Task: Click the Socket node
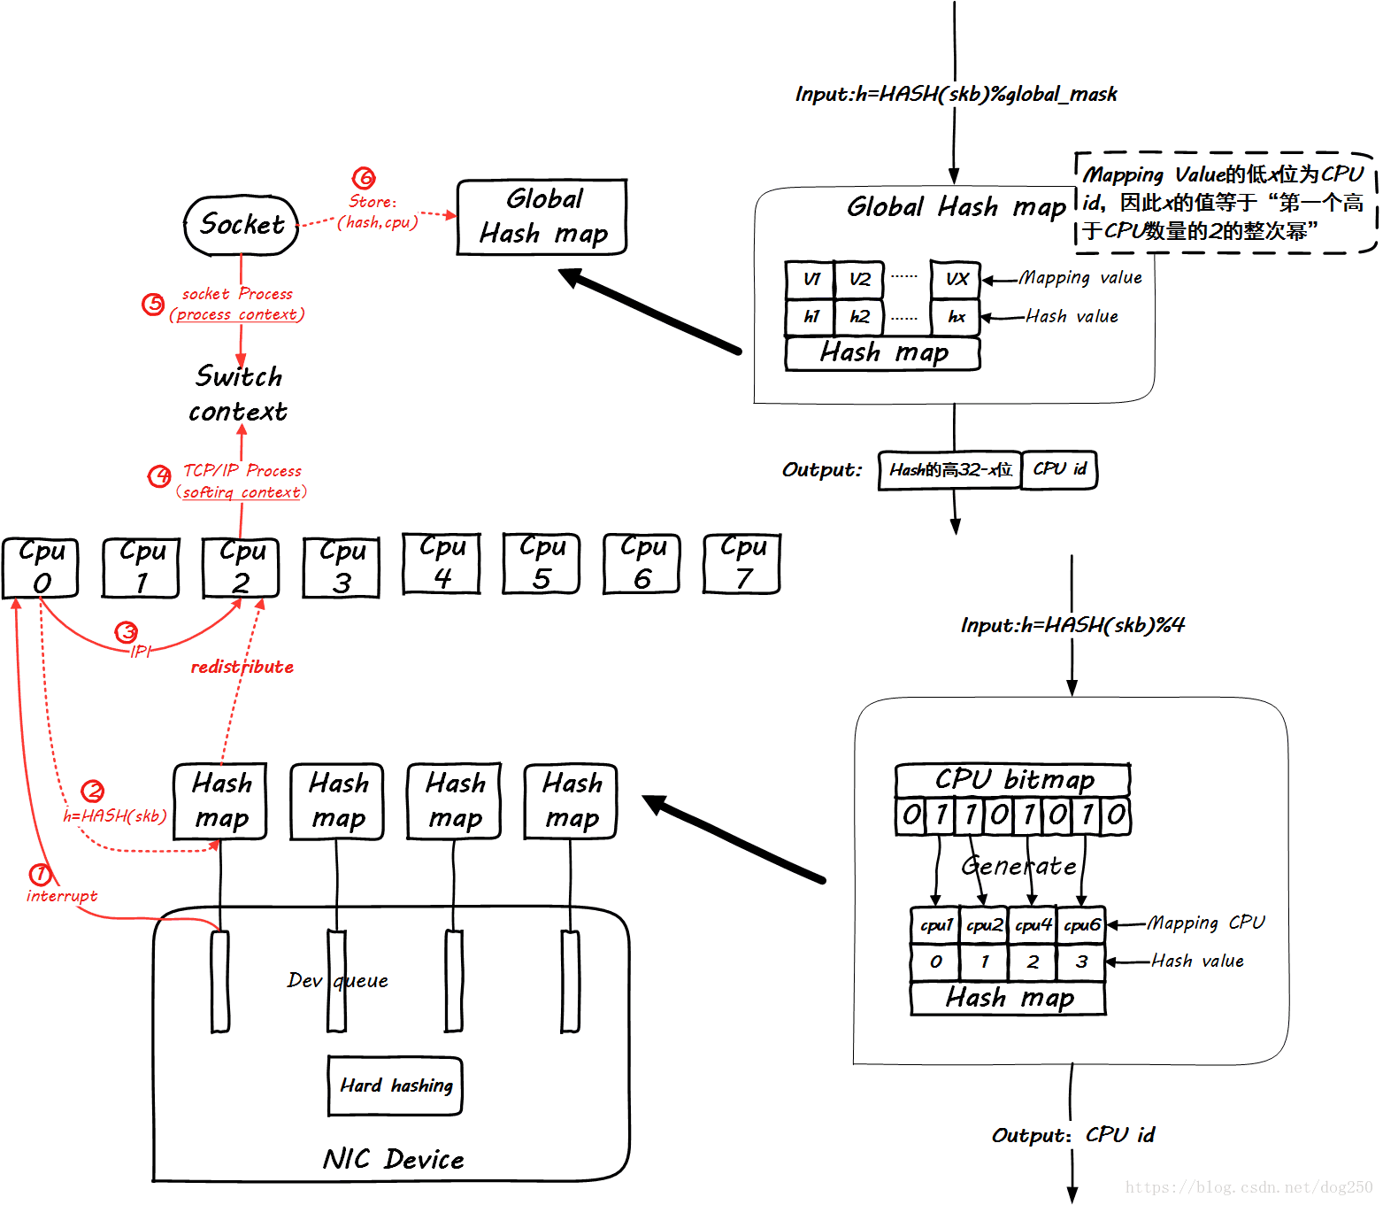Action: [x=241, y=225]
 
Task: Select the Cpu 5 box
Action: [x=542, y=563]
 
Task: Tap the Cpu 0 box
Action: [x=41, y=568]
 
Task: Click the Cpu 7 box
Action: [x=742, y=563]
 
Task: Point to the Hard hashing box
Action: [x=395, y=1085]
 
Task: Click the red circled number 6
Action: [x=364, y=178]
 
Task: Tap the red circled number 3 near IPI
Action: [x=127, y=632]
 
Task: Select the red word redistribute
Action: [x=242, y=667]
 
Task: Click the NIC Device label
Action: [x=393, y=1159]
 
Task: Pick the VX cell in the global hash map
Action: [x=956, y=280]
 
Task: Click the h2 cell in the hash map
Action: [x=859, y=317]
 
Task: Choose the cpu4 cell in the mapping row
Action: [x=1033, y=925]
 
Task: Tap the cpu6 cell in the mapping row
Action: [x=1081, y=925]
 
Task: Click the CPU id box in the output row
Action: [x=1059, y=469]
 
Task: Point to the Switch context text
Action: [x=238, y=394]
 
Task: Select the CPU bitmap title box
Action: [x=1013, y=780]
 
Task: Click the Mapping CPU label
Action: [x=1205, y=923]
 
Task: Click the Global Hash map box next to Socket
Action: [x=542, y=217]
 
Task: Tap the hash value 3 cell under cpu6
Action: [x=1081, y=962]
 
